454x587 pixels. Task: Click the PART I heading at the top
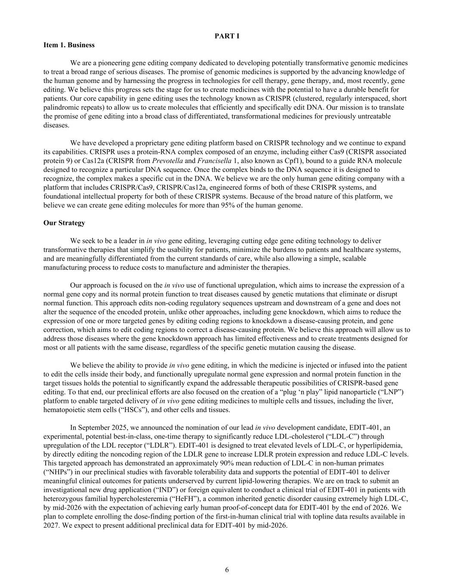coord(227,36)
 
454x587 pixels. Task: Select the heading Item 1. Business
coord(69,45)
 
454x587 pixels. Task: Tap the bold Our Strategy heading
coord(64,223)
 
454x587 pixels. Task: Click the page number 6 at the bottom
coord(227,570)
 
